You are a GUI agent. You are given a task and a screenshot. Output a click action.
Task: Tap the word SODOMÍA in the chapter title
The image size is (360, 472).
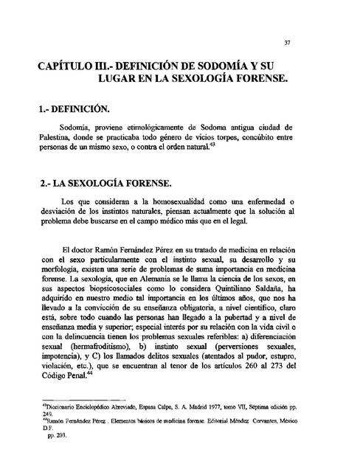point(240,69)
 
